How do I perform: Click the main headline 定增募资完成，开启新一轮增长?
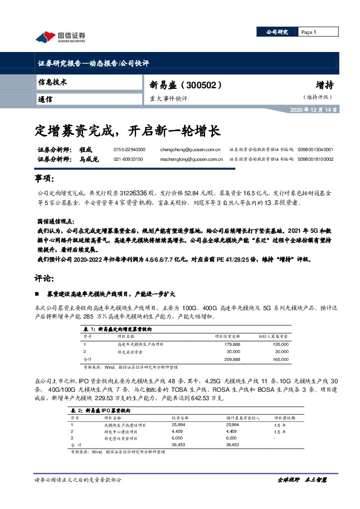coord(127,129)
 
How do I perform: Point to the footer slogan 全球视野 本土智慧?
coord(302,479)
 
